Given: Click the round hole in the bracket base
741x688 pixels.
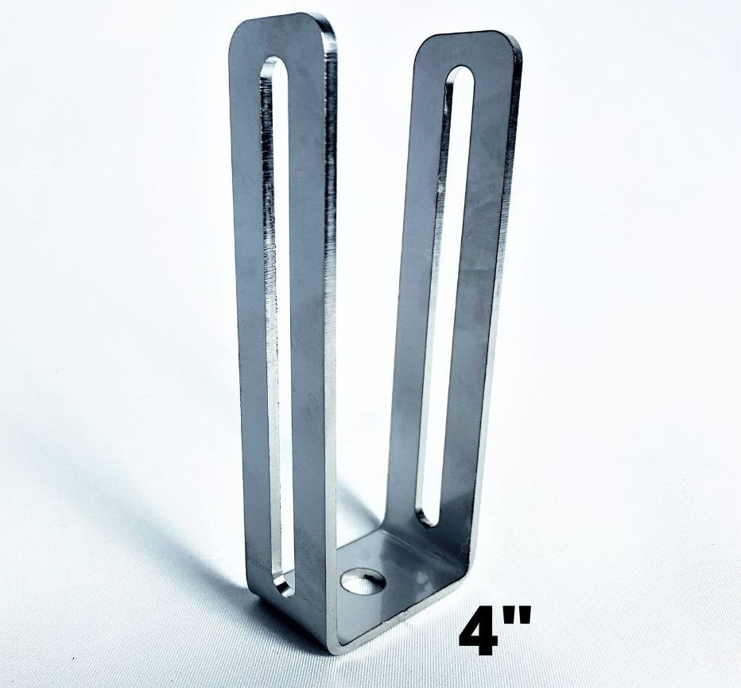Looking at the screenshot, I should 363,581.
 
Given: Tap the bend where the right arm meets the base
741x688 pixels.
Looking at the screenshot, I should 461,556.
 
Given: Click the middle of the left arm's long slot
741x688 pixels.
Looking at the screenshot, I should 278,318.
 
